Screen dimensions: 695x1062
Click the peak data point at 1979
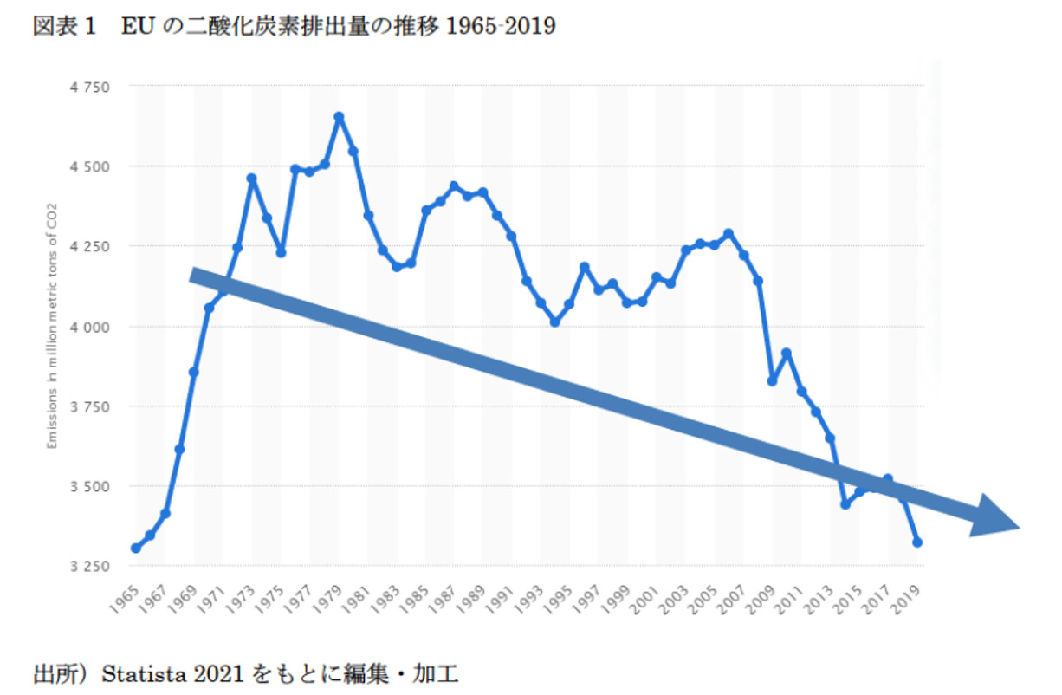(x=339, y=116)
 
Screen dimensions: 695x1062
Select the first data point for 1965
(x=136, y=548)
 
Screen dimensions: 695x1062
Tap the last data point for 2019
(x=917, y=542)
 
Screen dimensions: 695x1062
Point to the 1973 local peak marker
(x=252, y=179)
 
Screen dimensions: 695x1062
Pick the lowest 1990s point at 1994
(x=555, y=322)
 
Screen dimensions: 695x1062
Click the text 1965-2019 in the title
(x=500, y=27)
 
